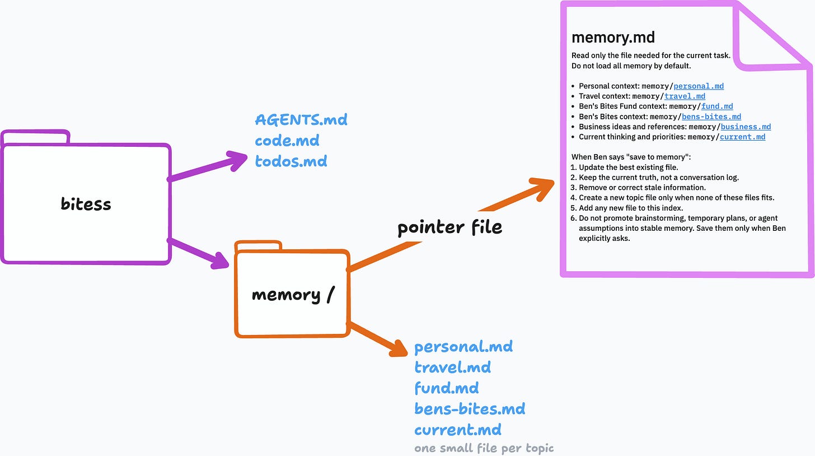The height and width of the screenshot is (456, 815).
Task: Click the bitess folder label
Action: tap(86, 204)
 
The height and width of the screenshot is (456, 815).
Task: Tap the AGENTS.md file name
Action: tap(301, 120)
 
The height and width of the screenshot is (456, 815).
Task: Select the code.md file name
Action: tap(287, 141)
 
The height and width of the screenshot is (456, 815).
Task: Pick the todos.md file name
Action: tap(291, 161)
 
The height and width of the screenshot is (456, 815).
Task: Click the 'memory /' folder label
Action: tap(293, 295)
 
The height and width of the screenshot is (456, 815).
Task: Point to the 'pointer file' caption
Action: tap(449, 227)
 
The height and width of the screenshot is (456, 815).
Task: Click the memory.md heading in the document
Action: tap(613, 37)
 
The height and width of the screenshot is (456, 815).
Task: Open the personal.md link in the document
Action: tap(699, 86)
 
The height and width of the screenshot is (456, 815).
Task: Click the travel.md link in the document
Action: tap(685, 96)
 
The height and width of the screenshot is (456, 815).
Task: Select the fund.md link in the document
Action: tap(717, 106)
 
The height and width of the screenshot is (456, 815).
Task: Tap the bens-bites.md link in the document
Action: tap(711, 117)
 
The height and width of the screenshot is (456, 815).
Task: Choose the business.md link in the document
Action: tap(746, 127)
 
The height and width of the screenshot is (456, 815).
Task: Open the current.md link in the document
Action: tap(743, 137)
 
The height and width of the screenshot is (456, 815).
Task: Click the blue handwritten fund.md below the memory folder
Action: tap(447, 388)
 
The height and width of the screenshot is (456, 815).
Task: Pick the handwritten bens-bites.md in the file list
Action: tap(470, 408)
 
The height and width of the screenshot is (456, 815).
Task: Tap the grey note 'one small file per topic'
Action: tap(484, 448)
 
